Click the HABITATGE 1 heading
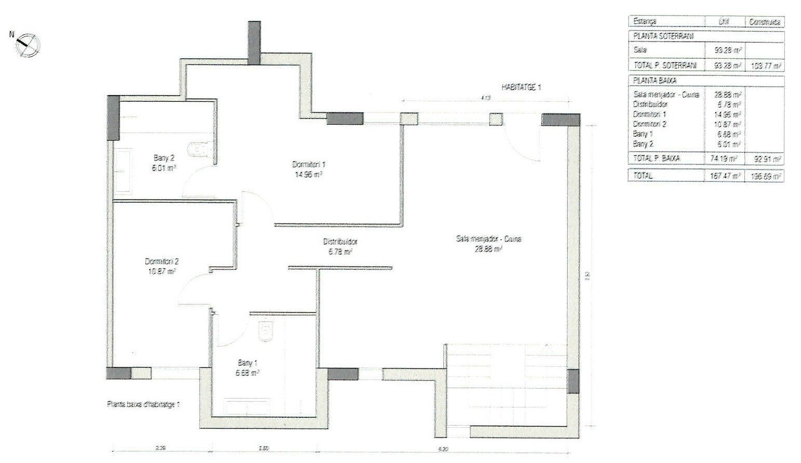(x=521, y=88)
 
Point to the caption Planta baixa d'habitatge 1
(x=143, y=404)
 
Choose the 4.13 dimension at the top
(x=485, y=97)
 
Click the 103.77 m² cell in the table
(x=766, y=66)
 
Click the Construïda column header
(x=764, y=22)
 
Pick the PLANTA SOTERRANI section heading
(x=663, y=36)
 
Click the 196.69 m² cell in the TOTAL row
(x=766, y=176)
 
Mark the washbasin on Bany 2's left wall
(x=123, y=171)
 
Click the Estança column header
(x=645, y=22)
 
